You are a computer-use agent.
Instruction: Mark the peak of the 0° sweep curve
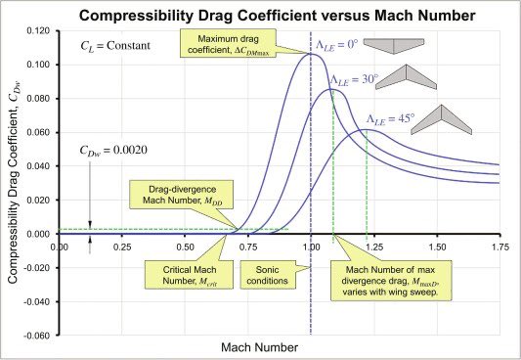(310, 54)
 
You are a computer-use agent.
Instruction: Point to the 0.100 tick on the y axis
(36, 65)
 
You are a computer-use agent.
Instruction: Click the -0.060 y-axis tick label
(34, 336)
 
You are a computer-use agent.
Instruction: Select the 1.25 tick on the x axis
(373, 246)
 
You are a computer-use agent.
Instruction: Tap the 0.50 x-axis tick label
(185, 246)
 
